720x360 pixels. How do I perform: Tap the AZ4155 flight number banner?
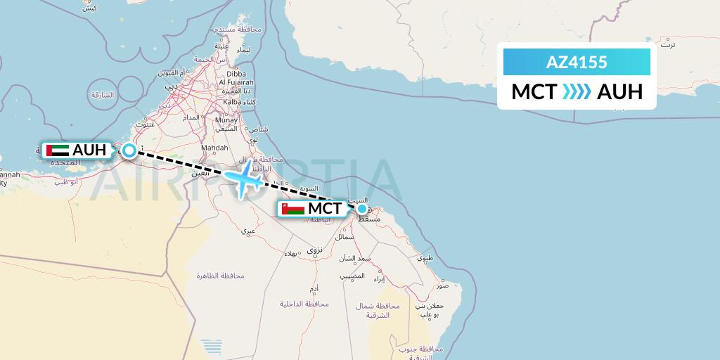click(577, 63)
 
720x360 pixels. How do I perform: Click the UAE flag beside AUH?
click(57, 150)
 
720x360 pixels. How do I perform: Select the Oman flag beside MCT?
click(292, 209)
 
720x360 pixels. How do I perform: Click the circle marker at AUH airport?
click(129, 150)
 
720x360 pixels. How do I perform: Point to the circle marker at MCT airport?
click(361, 208)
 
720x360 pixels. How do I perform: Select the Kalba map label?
click(232, 102)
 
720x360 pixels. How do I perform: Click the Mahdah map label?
click(214, 148)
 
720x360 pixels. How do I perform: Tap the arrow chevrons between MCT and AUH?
click(577, 92)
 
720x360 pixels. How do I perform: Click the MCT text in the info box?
click(534, 92)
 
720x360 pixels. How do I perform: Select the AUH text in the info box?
click(619, 92)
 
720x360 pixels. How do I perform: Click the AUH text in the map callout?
click(89, 150)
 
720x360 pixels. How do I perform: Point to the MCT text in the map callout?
click(325, 209)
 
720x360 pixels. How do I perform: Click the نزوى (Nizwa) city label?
click(314, 250)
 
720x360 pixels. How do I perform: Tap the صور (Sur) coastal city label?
click(442, 286)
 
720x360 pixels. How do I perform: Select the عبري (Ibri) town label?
click(248, 231)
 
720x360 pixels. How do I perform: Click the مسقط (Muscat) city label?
click(370, 220)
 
